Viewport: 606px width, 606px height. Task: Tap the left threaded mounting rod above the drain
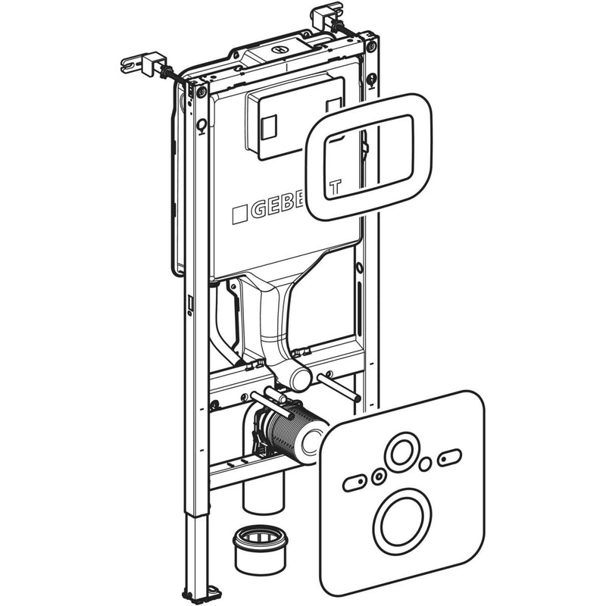tap(269, 397)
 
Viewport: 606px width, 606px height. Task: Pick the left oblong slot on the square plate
tap(355, 483)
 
